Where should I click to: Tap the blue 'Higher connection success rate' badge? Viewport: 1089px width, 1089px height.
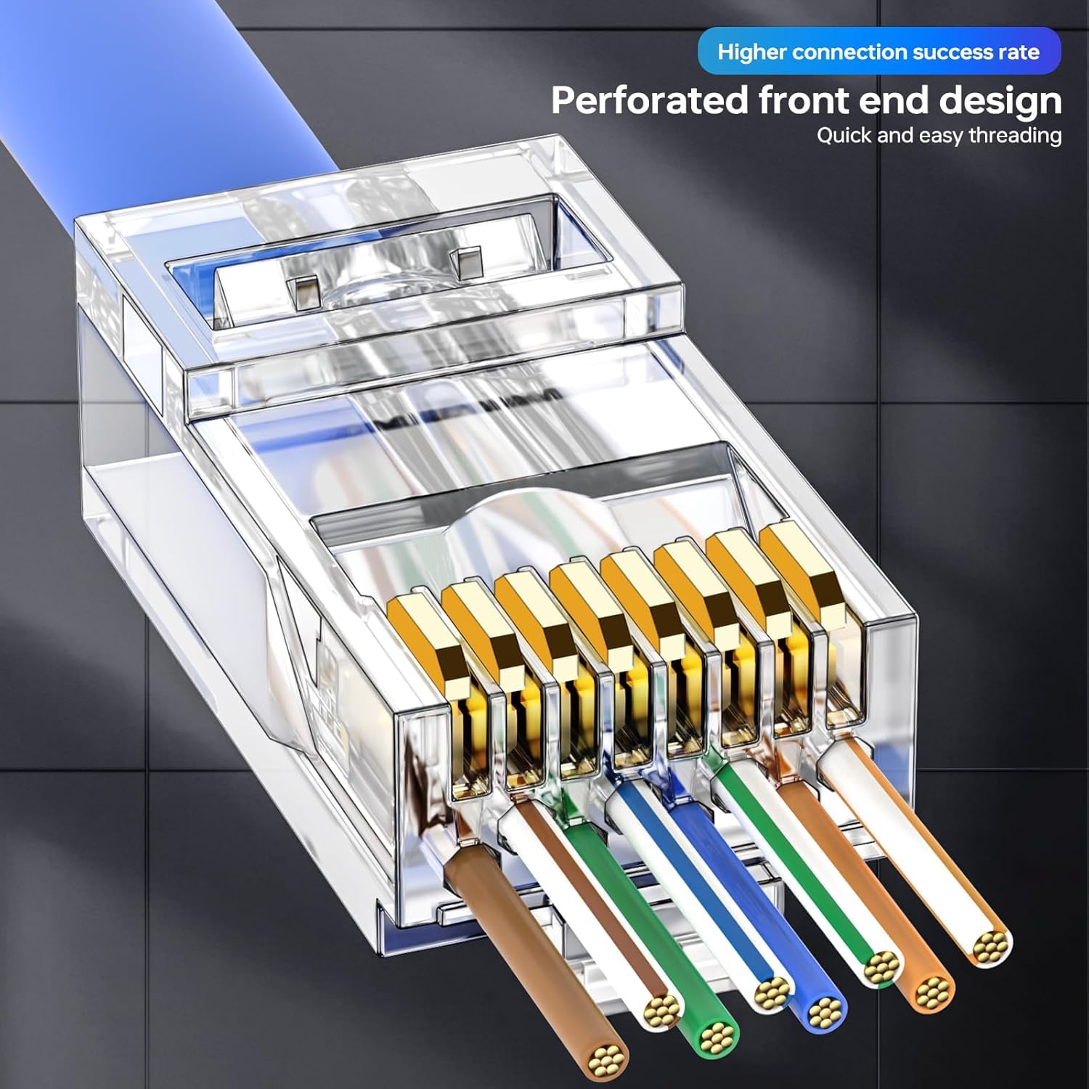[879, 52]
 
